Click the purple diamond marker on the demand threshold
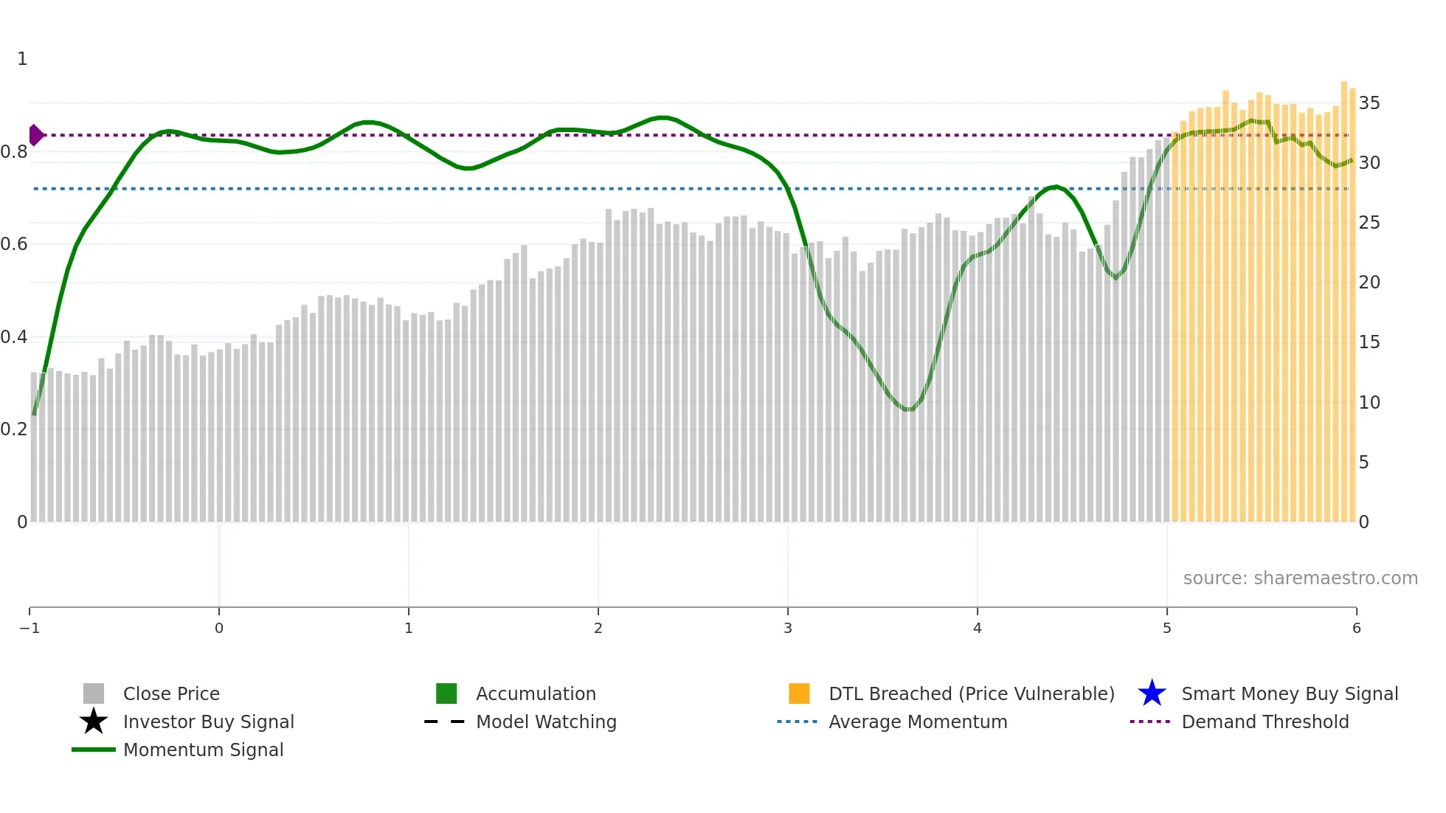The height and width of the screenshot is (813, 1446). (x=35, y=135)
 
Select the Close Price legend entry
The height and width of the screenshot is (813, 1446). (x=170, y=693)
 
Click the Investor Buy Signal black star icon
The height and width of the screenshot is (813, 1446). (x=94, y=722)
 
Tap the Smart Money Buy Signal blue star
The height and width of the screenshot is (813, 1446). (x=1152, y=693)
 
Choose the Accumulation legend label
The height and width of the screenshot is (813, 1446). (x=536, y=693)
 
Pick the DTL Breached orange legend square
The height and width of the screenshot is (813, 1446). (x=799, y=693)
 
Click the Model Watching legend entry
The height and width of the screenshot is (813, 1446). (x=545, y=722)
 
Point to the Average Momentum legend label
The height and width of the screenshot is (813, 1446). (x=918, y=722)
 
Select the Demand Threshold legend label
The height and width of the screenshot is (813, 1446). (x=1265, y=722)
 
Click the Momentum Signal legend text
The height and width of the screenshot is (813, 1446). (x=203, y=750)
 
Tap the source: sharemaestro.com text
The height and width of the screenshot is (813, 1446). (x=1300, y=578)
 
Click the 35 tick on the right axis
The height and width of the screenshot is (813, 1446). (x=1369, y=103)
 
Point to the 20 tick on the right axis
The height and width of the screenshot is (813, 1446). (x=1369, y=282)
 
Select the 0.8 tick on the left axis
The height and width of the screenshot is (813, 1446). (x=14, y=152)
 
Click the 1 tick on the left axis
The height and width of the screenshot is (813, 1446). (x=22, y=59)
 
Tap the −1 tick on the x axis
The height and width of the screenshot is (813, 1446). (x=30, y=628)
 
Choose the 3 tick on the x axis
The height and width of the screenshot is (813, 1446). (x=788, y=628)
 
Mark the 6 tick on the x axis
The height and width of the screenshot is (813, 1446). (x=1356, y=628)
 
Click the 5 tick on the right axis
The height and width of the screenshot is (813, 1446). (x=1364, y=462)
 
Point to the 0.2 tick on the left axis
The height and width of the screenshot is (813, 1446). (x=14, y=429)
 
